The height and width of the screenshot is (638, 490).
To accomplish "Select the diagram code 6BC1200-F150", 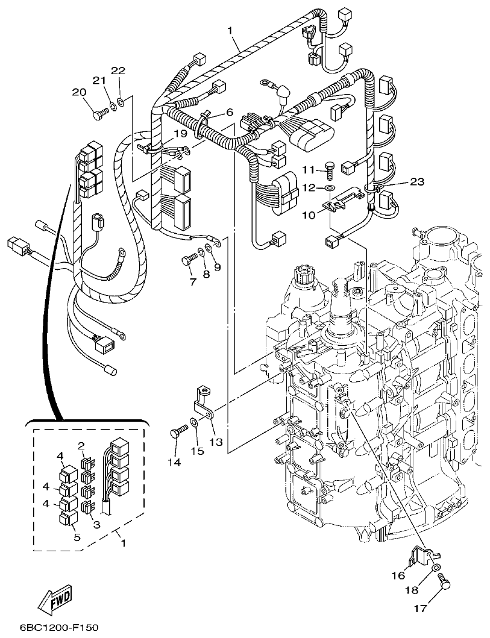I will pyautogui.click(x=50, y=627).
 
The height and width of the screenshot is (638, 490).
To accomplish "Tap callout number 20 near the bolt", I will pyautogui.click(x=78, y=92).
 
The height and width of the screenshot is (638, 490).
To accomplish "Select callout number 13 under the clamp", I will pyautogui.click(x=215, y=442).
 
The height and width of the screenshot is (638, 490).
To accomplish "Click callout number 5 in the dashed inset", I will pyautogui.click(x=77, y=537).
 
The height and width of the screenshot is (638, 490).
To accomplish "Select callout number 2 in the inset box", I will pyautogui.click(x=81, y=446).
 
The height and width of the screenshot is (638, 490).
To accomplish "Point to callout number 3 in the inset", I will pyautogui.click(x=96, y=524).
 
